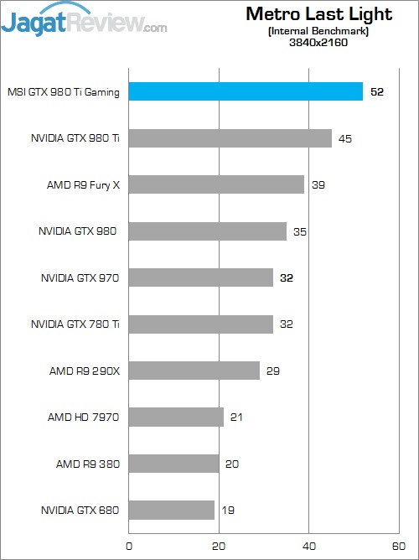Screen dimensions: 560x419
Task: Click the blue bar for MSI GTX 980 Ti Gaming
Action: point(245,91)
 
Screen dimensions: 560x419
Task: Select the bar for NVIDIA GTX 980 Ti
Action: point(230,138)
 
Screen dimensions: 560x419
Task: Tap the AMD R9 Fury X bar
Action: point(215,184)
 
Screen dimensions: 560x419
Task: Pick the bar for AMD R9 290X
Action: point(194,371)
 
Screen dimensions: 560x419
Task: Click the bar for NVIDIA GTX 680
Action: point(171,510)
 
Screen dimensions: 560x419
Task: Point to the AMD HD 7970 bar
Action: point(176,417)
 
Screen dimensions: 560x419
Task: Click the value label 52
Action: point(377,91)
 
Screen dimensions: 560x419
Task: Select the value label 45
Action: point(345,138)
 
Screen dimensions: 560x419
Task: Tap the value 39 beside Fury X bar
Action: point(318,184)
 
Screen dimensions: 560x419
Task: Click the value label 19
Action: point(227,510)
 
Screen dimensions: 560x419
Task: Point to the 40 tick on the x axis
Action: point(309,546)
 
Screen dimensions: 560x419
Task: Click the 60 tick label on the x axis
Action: point(400,546)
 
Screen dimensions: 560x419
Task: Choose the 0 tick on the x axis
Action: point(128,546)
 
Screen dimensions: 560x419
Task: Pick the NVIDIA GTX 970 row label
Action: point(80,277)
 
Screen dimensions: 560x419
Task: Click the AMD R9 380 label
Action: point(88,464)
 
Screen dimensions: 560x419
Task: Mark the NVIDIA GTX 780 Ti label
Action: point(80,324)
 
